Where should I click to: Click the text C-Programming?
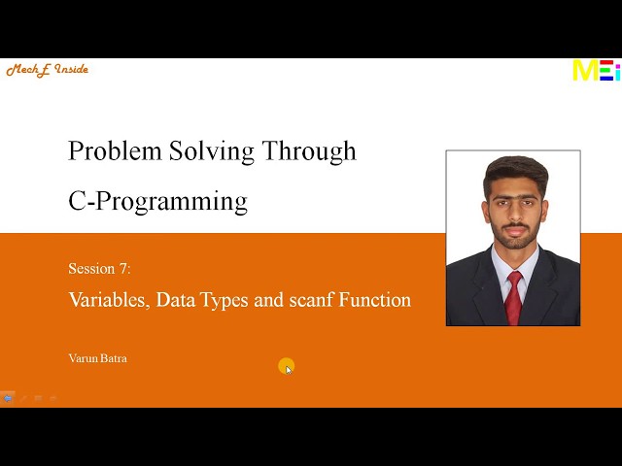point(157,201)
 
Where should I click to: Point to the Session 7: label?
point(99,269)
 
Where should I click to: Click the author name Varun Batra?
point(97,358)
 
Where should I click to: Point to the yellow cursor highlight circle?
point(286,366)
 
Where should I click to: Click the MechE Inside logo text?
point(47,70)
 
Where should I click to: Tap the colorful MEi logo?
point(595,71)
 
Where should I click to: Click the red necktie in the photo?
point(514,295)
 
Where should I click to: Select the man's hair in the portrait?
point(515,172)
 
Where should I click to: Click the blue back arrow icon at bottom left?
point(8,398)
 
